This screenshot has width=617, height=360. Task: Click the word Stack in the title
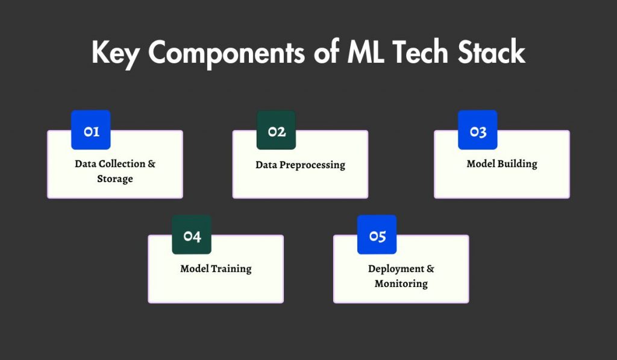coord(490,54)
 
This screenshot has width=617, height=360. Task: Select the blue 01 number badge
coord(91,130)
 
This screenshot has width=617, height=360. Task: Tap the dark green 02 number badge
coord(277,130)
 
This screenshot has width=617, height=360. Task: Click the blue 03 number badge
coord(478,130)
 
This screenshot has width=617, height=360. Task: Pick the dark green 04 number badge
coord(192,235)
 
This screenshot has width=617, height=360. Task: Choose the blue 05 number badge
coord(377,235)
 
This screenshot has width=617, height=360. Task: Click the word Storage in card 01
coord(115,179)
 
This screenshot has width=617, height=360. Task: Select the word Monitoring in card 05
coord(401,284)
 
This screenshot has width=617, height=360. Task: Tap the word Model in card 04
coord(194,269)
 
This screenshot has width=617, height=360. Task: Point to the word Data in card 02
coord(266,165)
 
